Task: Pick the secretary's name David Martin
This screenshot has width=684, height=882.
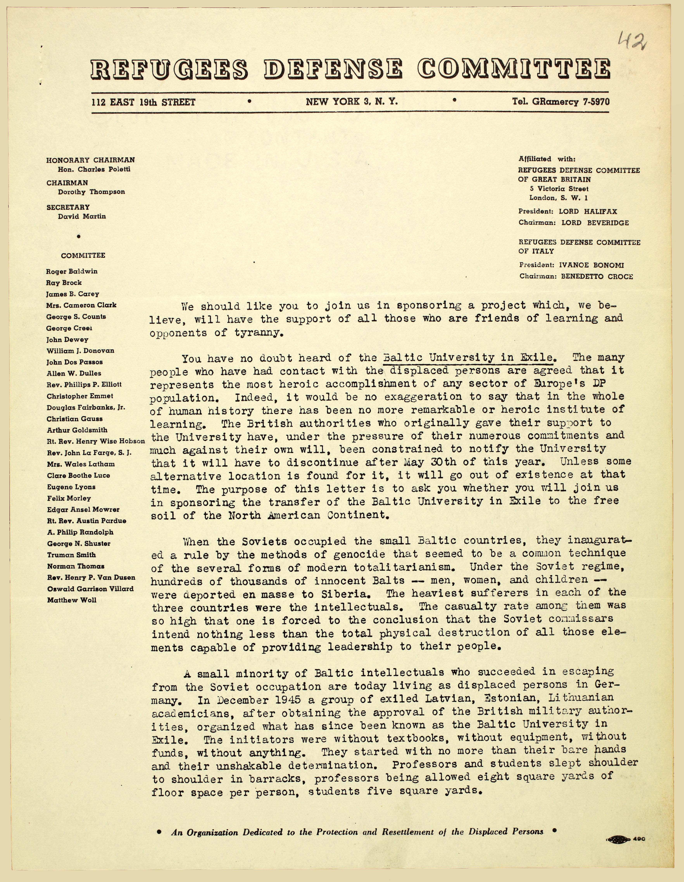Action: click(x=82, y=216)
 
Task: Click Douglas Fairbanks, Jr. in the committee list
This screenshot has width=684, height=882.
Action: click(x=86, y=408)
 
